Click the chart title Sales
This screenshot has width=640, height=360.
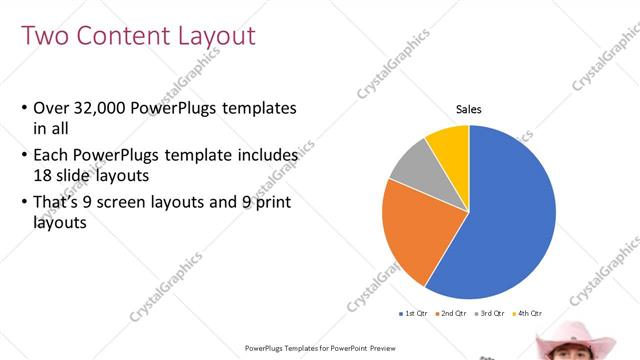(x=469, y=109)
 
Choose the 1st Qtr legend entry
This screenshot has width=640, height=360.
(x=415, y=313)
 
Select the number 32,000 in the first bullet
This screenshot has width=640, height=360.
(x=101, y=108)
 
